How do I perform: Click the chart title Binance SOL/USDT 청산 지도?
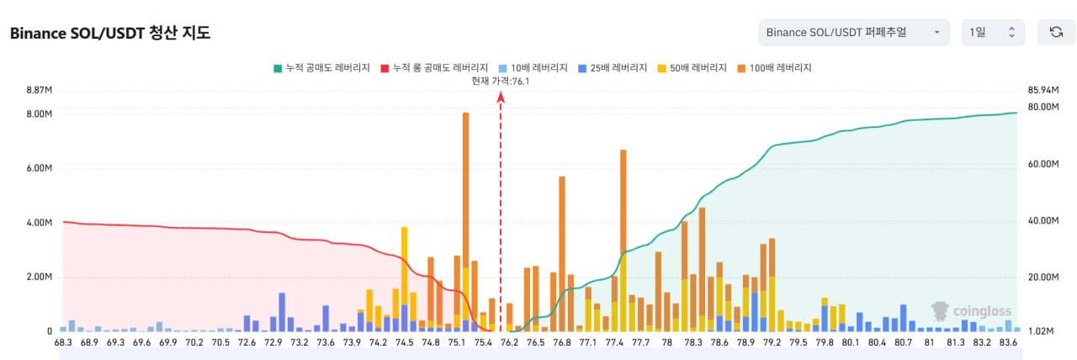tap(110, 33)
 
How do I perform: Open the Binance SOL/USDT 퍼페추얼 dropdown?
tap(854, 32)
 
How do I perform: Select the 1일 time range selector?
tap(993, 32)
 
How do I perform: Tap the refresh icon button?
tap(1056, 32)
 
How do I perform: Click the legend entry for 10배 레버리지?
tap(533, 68)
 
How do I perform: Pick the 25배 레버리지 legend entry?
tap(613, 68)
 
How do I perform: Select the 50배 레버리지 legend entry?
tap(692, 68)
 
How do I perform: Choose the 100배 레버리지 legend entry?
tap(775, 68)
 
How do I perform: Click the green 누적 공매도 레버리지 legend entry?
tap(321, 68)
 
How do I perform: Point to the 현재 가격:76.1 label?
tap(501, 81)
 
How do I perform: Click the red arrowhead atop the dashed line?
tap(501, 97)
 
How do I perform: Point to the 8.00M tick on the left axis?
tap(40, 114)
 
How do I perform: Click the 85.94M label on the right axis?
tap(1043, 90)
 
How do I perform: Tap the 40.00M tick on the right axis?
tap(1043, 220)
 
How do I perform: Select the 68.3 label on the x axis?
tap(63, 342)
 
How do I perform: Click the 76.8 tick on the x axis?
tap(561, 342)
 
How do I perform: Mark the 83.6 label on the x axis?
tap(1008, 342)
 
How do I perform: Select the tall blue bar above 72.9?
tap(282, 312)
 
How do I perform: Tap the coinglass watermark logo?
tap(971, 311)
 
